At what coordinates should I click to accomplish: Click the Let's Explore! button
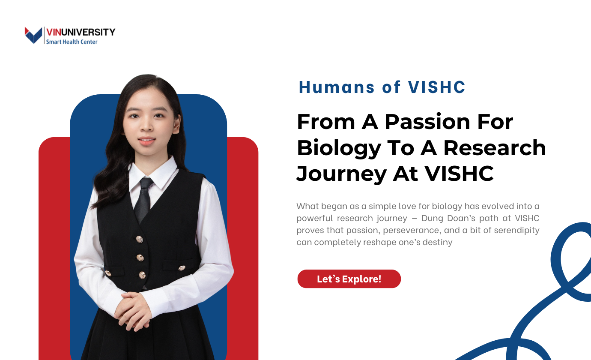(x=349, y=279)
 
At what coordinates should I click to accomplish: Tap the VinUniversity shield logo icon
(x=33, y=35)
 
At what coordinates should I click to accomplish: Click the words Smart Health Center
(x=72, y=42)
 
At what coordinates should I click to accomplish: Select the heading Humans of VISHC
(x=382, y=87)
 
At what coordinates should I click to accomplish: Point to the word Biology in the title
(x=333, y=148)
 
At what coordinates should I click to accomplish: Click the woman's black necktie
(x=143, y=199)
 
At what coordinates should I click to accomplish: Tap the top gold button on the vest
(x=139, y=239)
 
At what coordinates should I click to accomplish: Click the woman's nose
(x=146, y=129)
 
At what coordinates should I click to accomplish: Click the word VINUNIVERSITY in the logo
(x=81, y=32)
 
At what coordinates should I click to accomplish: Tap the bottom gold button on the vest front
(x=142, y=275)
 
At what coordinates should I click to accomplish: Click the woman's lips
(x=146, y=141)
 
